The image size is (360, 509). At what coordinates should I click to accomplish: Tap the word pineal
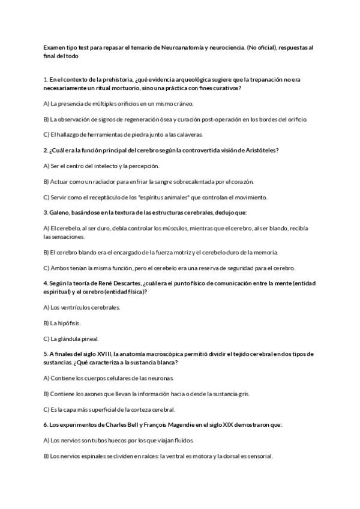[88, 338]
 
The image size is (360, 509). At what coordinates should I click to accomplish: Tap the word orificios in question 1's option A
[128, 103]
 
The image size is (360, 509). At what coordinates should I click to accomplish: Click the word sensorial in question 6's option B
[260, 456]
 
